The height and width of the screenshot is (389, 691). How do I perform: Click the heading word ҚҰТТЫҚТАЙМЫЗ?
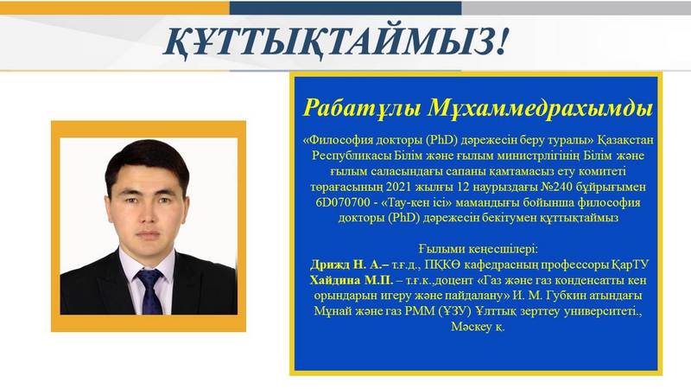[336, 42]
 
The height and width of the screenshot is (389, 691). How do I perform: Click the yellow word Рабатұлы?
[362, 108]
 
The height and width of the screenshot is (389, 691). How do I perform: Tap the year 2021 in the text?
[398, 187]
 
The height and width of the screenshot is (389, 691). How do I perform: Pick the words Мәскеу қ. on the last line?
[478, 327]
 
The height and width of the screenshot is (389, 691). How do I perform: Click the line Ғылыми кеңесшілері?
[479, 249]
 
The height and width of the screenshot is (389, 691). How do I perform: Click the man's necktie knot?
[149, 277]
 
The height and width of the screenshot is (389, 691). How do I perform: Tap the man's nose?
[148, 213]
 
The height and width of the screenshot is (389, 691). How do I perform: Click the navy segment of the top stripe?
[345, 8]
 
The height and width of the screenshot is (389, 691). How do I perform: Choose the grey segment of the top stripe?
[576, 8]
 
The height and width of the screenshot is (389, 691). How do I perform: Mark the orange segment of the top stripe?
[115, 8]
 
